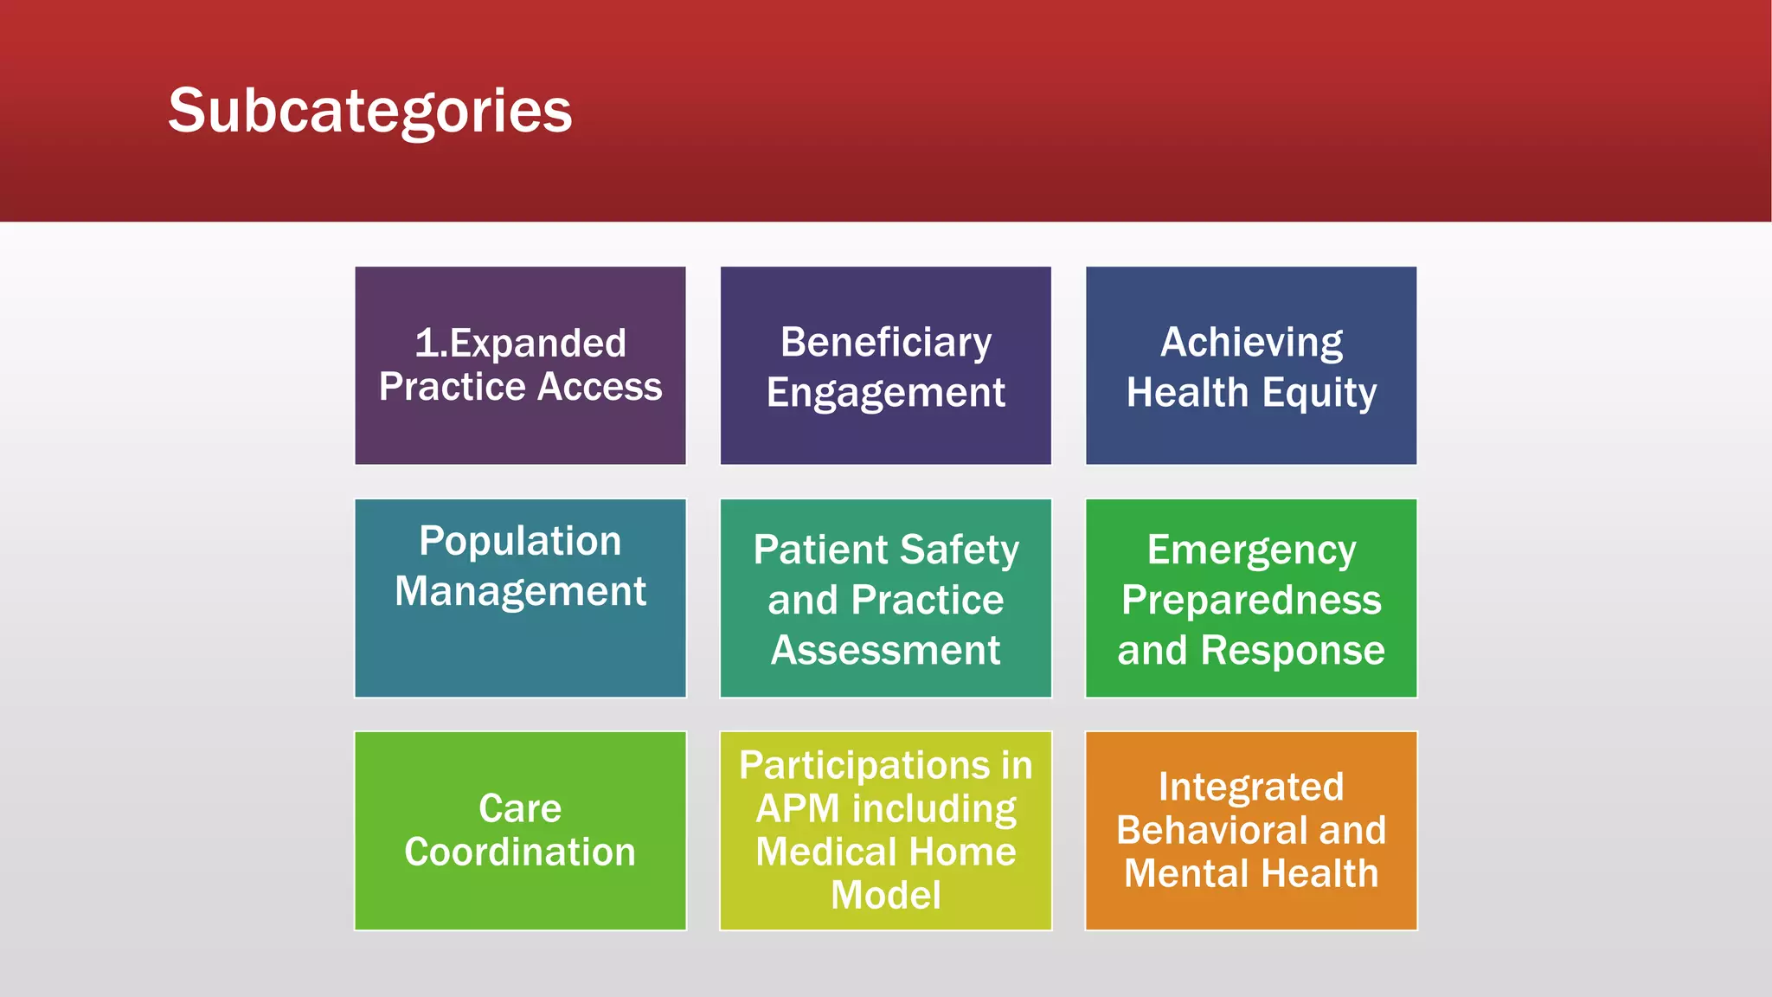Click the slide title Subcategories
click(369, 112)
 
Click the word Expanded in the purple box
click(537, 344)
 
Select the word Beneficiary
click(886, 343)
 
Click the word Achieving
click(1251, 343)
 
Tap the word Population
click(520, 542)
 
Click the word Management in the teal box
click(520, 592)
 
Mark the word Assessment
click(886, 650)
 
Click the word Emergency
click(1251, 550)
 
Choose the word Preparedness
click(1251, 600)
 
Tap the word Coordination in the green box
click(520, 852)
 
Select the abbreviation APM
click(797, 809)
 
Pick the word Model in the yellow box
click(886, 895)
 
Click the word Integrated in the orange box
click(1251, 788)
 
